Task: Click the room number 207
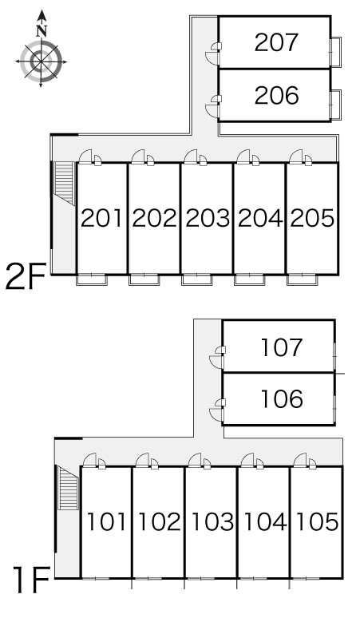[x=276, y=42]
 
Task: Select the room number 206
[x=276, y=96]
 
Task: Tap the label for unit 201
[x=101, y=218]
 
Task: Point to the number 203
[x=208, y=218]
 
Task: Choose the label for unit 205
[x=312, y=218]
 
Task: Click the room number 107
[x=282, y=347]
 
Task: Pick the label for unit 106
[x=282, y=399]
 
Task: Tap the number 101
[x=106, y=521]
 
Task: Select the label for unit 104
[x=265, y=521]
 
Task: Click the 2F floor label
[x=26, y=276]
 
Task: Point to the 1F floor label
[x=32, y=580]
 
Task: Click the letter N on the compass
[x=42, y=31]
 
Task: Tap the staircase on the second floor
[x=64, y=183]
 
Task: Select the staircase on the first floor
[x=68, y=488]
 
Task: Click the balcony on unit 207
[x=335, y=52]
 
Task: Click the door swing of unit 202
[x=138, y=156]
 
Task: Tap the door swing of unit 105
[x=300, y=460]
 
